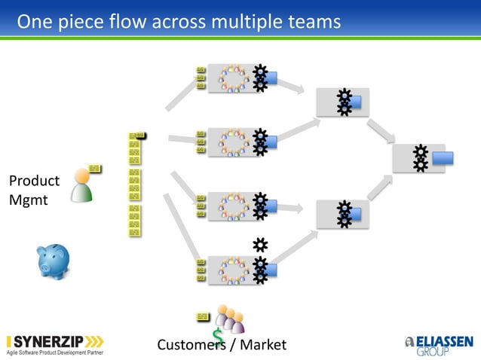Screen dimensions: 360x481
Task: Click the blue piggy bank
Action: click(x=54, y=261)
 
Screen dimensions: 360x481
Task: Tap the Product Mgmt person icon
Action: click(x=81, y=186)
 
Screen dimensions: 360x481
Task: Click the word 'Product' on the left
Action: click(x=34, y=181)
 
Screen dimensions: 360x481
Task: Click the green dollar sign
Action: click(x=218, y=337)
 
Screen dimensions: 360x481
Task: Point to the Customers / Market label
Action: click(x=222, y=345)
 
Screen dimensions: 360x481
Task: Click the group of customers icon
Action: click(x=229, y=319)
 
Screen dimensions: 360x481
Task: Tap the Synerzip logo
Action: click(x=55, y=342)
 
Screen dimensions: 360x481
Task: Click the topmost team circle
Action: click(x=233, y=78)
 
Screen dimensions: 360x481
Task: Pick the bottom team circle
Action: click(x=233, y=270)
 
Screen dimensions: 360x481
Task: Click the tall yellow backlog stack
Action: click(x=134, y=185)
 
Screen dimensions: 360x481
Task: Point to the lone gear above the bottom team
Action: click(x=260, y=245)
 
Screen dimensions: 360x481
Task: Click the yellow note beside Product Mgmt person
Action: click(x=94, y=168)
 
